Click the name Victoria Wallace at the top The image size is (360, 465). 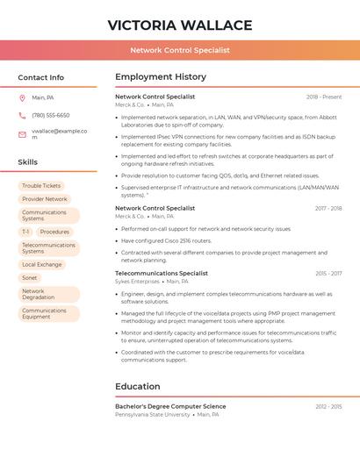180,25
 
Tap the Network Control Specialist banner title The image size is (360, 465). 180,50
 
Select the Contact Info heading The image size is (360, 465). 41,77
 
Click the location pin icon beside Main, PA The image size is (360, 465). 22,97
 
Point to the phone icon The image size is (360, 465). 22,115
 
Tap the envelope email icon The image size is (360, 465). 22,133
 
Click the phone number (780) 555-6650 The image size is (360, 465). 51,115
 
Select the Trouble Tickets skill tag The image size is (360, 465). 41,186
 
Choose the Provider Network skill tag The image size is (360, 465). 45,199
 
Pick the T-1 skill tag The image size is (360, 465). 25,232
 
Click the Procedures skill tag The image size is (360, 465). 54,232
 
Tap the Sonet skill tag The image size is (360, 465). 30,277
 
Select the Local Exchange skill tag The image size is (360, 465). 42,264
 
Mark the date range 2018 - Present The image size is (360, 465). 324,97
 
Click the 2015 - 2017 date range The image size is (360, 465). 328,274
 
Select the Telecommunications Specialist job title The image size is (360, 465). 162,273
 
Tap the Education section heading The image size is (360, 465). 138,386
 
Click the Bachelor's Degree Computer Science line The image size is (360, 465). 170,406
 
